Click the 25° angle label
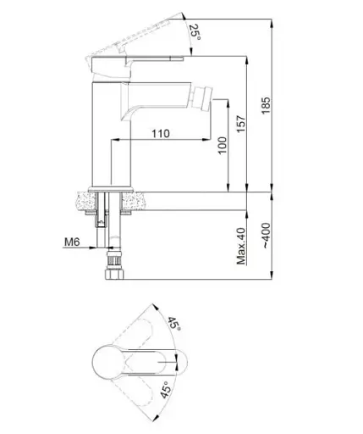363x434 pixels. [195, 32]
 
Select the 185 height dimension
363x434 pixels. [266, 105]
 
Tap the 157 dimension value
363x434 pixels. [241, 124]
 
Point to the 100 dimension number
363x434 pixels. [223, 145]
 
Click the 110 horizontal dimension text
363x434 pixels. [161, 133]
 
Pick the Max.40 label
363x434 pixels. [241, 246]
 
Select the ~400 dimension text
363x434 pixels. [266, 236]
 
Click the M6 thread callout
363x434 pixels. [72, 242]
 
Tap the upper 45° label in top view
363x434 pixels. [174, 324]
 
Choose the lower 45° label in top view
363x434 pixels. [166, 390]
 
